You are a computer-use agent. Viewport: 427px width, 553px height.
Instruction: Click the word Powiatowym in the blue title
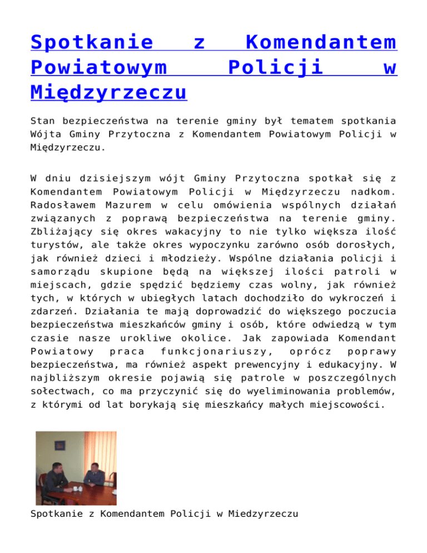click(x=100, y=67)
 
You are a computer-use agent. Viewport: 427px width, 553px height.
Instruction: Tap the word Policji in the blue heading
click(x=276, y=67)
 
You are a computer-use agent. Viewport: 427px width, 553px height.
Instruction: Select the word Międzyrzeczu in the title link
click(x=108, y=91)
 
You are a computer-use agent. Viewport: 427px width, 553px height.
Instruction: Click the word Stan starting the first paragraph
click(x=42, y=120)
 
